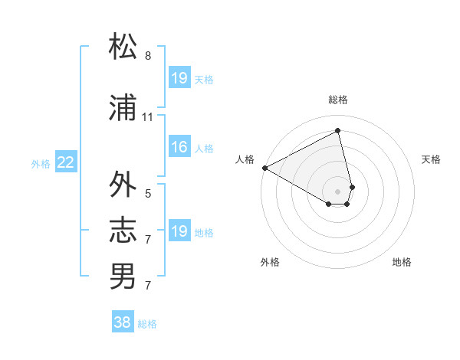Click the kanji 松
pyautogui.click(x=123, y=47)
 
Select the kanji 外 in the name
pyautogui.click(x=123, y=185)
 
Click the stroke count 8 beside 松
pyautogui.click(x=148, y=56)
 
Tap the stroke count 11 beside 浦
pyautogui.click(x=148, y=117)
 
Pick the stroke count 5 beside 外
pyautogui.click(x=148, y=194)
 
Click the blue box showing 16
pyautogui.click(x=179, y=147)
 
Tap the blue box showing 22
pyautogui.click(x=66, y=162)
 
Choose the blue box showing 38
pyautogui.click(x=122, y=322)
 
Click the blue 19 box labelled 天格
pyautogui.click(x=179, y=78)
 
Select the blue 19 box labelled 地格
pyautogui.click(x=179, y=231)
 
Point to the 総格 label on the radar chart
pyautogui.click(x=338, y=100)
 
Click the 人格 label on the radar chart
pyautogui.click(x=245, y=159)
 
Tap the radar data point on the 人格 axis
pyautogui.click(x=264, y=167)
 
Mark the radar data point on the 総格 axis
pyautogui.click(x=338, y=131)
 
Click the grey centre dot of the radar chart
pyautogui.click(x=338, y=191)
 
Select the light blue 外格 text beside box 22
pyautogui.click(x=41, y=163)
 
